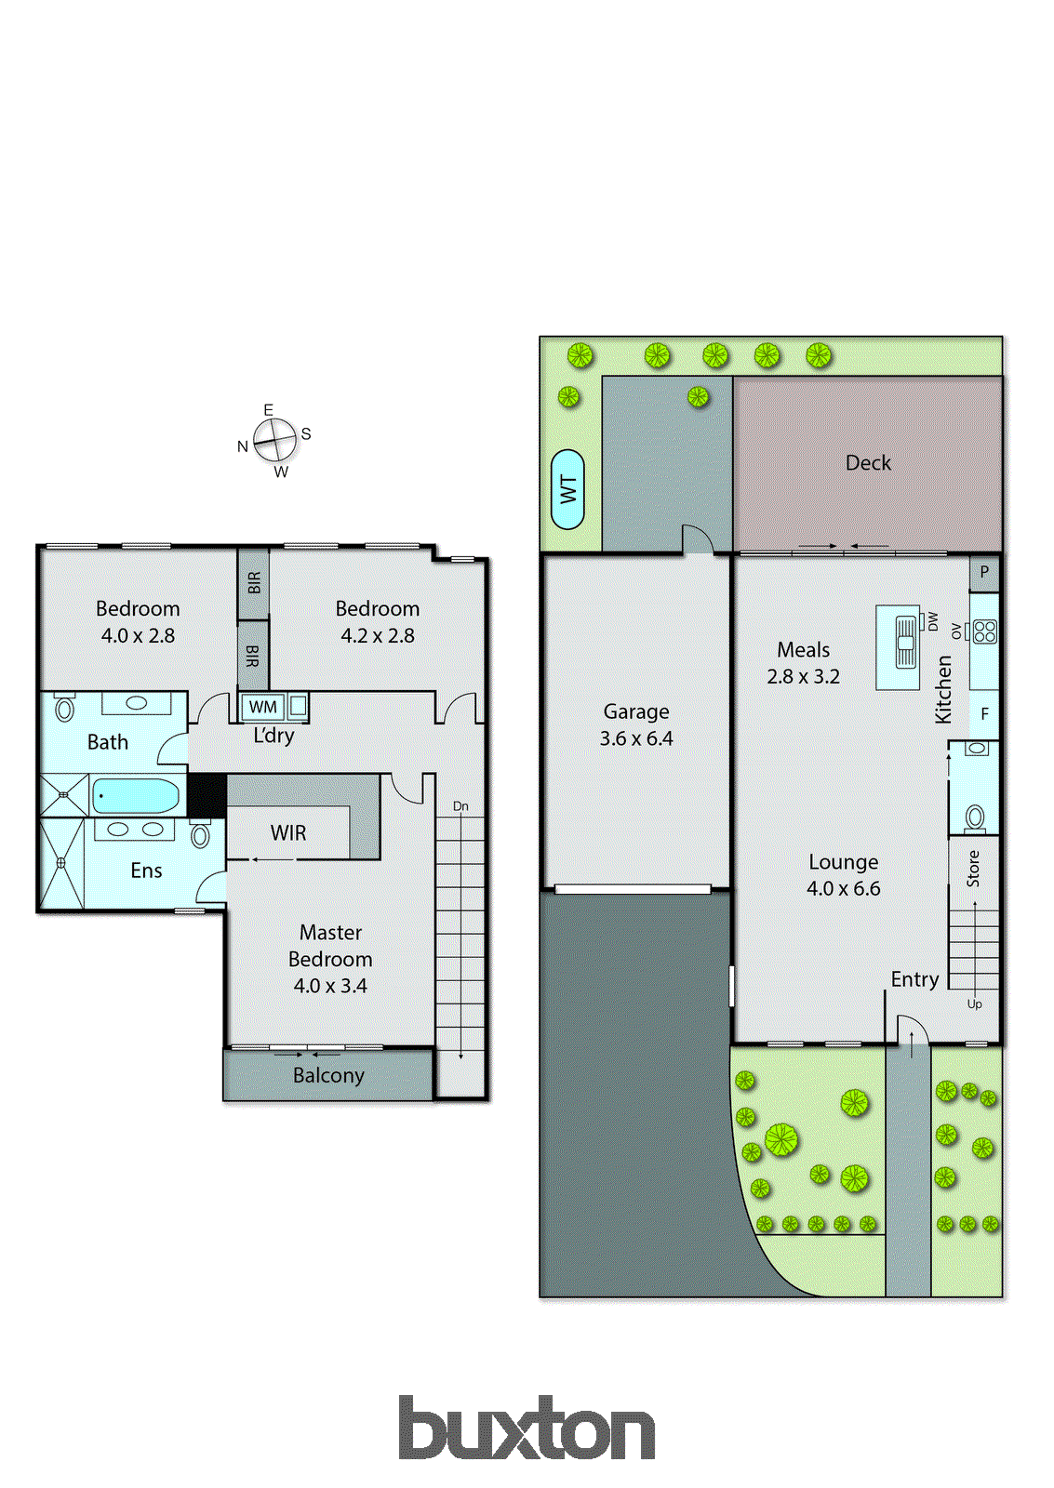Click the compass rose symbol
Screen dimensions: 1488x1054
(x=274, y=440)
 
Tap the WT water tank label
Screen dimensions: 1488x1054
(x=567, y=489)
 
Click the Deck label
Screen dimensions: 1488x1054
(x=868, y=462)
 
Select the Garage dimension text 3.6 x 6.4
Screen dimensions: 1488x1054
(x=636, y=738)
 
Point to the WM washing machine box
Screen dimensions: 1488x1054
(x=262, y=707)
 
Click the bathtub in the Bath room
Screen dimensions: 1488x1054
(x=136, y=796)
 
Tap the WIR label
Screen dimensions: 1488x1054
(x=288, y=832)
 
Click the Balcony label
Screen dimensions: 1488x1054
(x=328, y=1075)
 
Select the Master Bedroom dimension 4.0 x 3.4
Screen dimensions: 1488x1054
(x=330, y=986)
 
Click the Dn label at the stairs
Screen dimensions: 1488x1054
(x=460, y=806)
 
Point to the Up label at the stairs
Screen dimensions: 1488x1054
(x=974, y=1003)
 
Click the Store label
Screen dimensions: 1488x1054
(x=973, y=869)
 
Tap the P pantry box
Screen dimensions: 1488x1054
(x=984, y=572)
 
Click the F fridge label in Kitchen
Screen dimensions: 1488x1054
(x=984, y=714)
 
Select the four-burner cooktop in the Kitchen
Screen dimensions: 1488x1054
(x=984, y=631)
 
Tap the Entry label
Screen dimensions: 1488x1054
(x=914, y=979)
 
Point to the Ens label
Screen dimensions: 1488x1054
(x=146, y=870)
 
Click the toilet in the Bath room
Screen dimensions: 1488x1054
(x=64, y=710)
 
